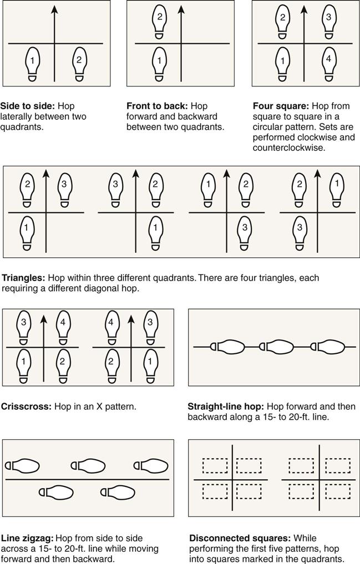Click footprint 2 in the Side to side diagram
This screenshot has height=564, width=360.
[x=79, y=64]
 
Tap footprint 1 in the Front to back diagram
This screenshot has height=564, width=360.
[x=159, y=64]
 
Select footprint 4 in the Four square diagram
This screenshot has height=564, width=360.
[x=329, y=64]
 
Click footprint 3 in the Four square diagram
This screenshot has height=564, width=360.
[x=329, y=21]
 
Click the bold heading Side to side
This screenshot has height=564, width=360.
[x=28, y=106]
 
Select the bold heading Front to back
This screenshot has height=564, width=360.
[x=157, y=106]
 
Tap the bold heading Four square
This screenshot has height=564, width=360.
[x=281, y=106]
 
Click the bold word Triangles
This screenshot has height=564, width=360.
[x=23, y=278]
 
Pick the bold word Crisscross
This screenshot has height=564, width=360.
[x=27, y=407]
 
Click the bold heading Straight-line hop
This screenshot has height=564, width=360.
[x=226, y=407]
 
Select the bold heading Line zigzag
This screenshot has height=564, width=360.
[x=27, y=538]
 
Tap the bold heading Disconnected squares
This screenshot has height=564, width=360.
[x=240, y=538]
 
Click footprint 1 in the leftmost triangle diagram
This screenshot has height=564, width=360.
[x=26, y=233]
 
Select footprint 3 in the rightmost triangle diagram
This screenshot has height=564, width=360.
[x=300, y=233]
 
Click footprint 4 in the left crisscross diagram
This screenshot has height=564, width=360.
[x=63, y=327]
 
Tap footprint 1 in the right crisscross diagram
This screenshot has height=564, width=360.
[x=150, y=366]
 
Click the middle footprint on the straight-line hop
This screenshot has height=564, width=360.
[x=276, y=347]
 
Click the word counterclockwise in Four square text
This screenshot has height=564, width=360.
[x=289, y=148]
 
